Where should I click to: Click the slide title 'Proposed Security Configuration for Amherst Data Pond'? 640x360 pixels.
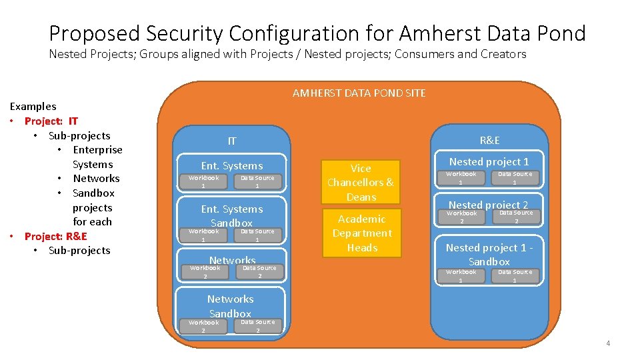click(317, 33)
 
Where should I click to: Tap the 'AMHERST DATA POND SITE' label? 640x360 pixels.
click(359, 93)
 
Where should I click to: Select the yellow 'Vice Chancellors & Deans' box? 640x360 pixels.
click(360, 182)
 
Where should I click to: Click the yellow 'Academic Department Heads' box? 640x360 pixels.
click(360, 233)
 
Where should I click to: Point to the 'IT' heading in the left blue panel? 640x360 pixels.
click(231, 141)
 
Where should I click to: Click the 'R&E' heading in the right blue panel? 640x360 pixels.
click(489, 140)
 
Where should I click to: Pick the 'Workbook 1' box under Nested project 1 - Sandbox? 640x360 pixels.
click(461, 275)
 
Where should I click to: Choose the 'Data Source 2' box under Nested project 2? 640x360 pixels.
click(516, 217)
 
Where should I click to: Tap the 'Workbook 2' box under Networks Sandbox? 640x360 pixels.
click(203, 326)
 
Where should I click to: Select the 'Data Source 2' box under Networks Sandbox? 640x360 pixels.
click(257, 326)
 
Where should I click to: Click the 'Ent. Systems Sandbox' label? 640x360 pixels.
click(231, 215)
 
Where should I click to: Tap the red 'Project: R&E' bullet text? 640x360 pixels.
click(55, 236)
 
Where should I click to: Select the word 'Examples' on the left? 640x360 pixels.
click(33, 106)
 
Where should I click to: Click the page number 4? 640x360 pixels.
click(607, 343)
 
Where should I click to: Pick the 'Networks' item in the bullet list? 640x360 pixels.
click(96, 178)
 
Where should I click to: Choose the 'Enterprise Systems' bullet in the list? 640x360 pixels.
click(97, 157)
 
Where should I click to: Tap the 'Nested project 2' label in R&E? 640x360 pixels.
click(488, 205)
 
